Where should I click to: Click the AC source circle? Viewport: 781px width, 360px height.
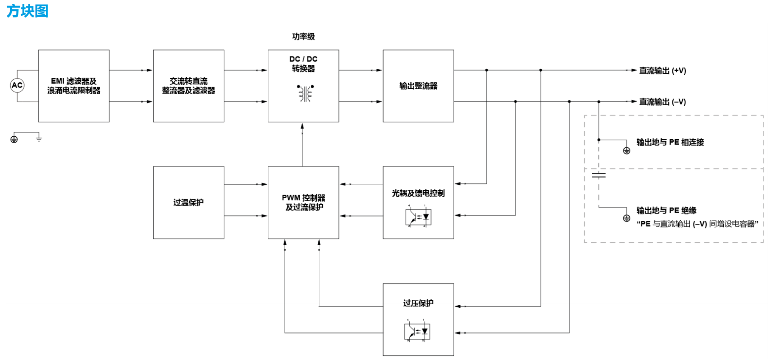(x=17, y=85)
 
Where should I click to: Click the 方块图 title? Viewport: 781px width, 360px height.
(x=28, y=11)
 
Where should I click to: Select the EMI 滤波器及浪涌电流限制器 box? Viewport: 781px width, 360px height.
(x=74, y=86)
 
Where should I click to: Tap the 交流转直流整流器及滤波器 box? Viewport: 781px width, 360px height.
(x=188, y=86)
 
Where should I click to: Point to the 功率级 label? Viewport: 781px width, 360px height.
(x=303, y=37)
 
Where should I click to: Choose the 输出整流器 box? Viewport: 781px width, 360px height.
(x=418, y=86)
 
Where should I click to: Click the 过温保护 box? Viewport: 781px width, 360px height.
(x=188, y=202)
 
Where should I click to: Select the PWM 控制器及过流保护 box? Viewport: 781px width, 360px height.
(x=303, y=202)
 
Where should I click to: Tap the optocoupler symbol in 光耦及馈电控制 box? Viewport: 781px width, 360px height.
(x=418, y=217)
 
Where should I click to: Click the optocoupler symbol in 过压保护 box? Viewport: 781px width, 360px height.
(x=417, y=331)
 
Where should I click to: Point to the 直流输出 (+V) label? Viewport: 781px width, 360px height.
(x=663, y=70)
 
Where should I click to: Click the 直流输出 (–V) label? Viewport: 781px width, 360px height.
(x=663, y=102)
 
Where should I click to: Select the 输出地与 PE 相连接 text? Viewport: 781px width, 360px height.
(x=670, y=142)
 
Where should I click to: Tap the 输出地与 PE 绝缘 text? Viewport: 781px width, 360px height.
(x=666, y=211)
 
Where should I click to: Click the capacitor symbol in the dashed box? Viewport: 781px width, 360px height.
(x=599, y=174)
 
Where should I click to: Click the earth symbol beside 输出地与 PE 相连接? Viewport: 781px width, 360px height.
(x=626, y=151)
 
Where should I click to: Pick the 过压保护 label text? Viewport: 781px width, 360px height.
(x=418, y=303)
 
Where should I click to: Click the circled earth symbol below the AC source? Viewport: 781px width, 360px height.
(x=14, y=139)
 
